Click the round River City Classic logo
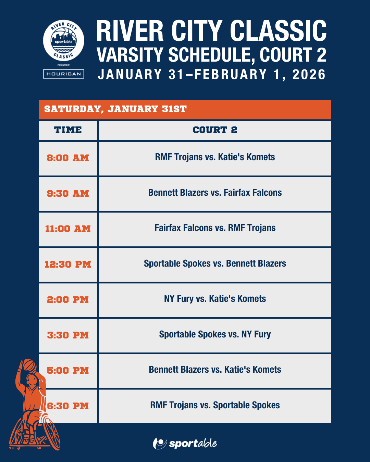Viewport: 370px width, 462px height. pos(63,40)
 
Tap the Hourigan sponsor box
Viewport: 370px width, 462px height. pos(63,74)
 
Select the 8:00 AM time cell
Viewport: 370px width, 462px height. pos(68,158)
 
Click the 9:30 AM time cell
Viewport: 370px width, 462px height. pos(68,193)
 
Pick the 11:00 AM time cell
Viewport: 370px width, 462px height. pos(68,229)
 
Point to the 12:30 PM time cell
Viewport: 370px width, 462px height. pos(68,264)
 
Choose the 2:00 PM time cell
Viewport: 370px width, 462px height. pos(68,300)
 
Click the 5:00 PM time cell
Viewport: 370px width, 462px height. pos(68,371)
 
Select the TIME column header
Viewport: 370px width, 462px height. pos(68,130)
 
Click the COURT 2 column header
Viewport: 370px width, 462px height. pos(215,130)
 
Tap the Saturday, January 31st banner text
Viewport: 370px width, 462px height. pos(115,109)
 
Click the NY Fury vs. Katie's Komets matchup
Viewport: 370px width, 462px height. pos(215,299)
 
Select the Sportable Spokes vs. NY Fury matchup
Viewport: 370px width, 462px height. pos(215,334)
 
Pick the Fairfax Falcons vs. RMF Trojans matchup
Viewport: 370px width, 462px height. pos(215,228)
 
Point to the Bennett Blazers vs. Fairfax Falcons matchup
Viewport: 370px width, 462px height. pos(215,193)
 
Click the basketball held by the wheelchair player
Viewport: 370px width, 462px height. pos(29,365)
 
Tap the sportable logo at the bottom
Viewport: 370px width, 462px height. pos(185,443)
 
